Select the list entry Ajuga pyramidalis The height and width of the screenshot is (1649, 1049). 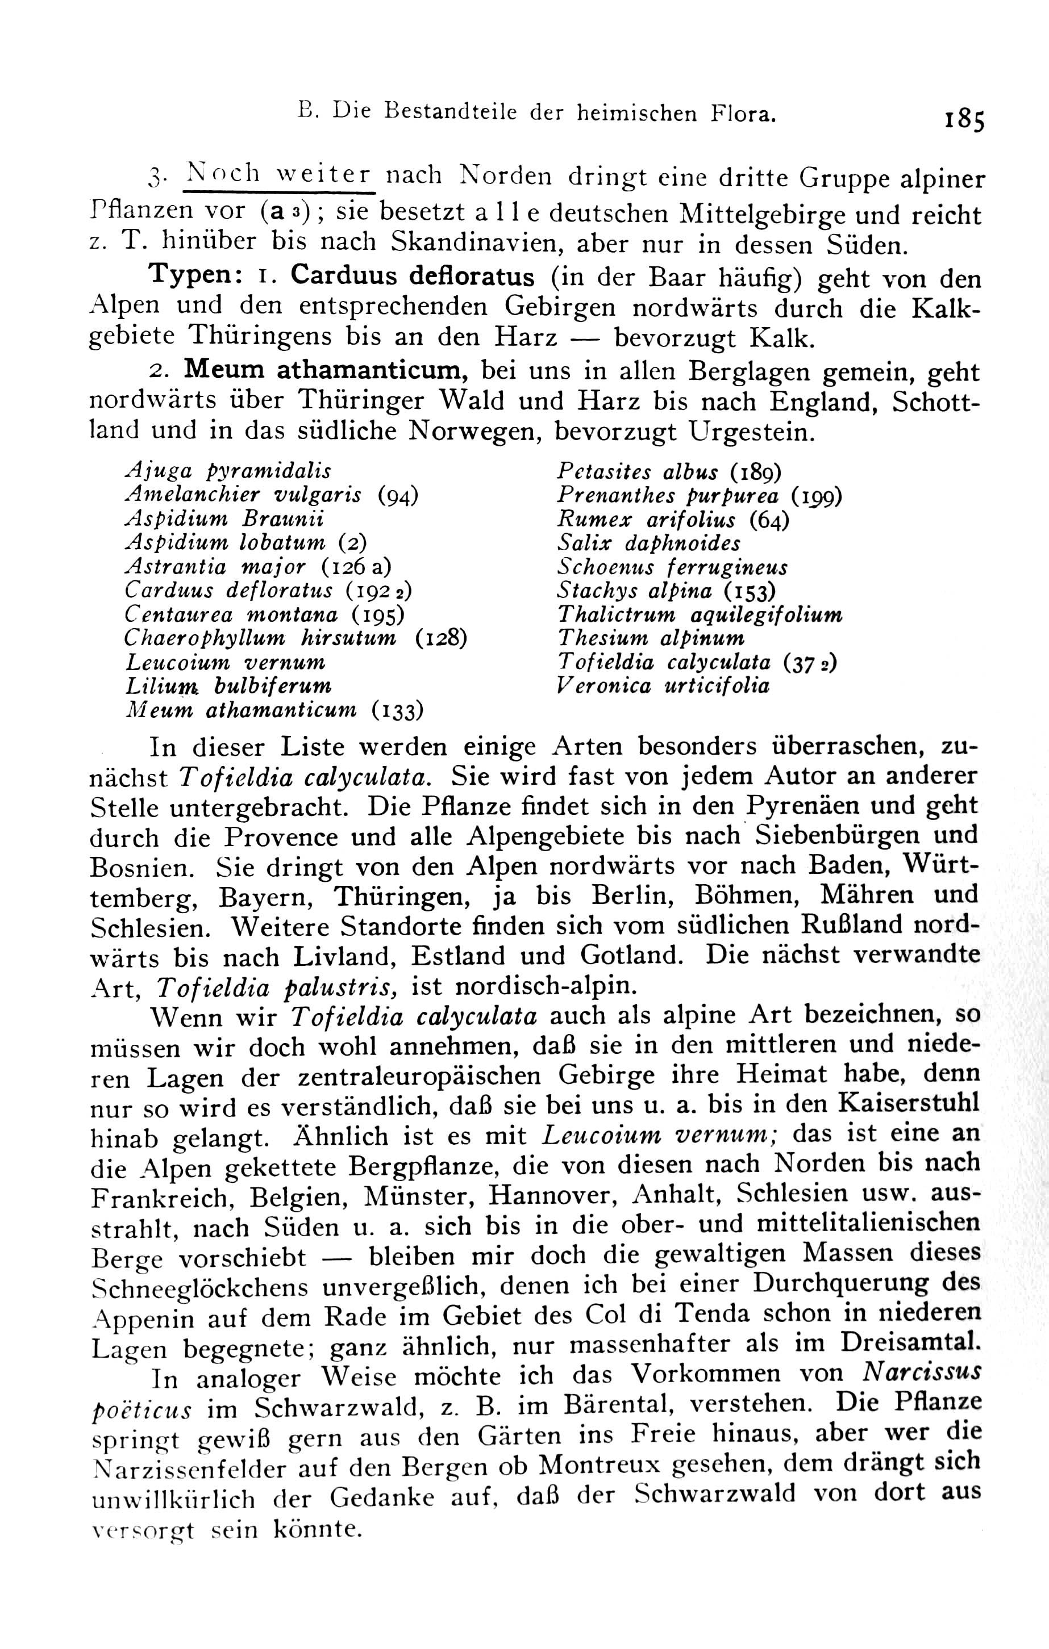pyautogui.click(x=228, y=471)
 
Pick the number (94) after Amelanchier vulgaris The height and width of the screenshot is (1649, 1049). pyautogui.click(x=398, y=495)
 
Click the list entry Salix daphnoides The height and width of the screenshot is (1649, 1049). pyautogui.click(x=649, y=544)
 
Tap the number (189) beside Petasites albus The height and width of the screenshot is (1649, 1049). pyautogui.click(x=756, y=472)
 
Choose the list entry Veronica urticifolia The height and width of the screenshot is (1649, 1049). pyautogui.click(x=663, y=685)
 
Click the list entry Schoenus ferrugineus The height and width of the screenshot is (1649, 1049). pyautogui.click(x=672, y=568)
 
